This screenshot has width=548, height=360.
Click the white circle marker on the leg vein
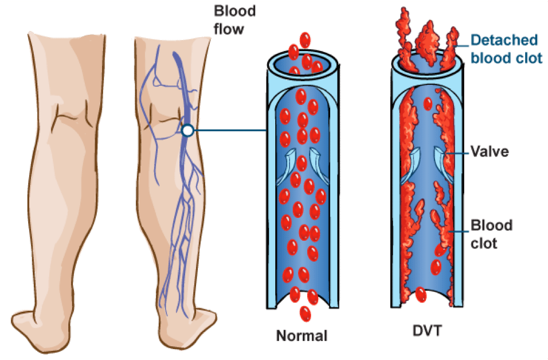pyautogui.click(x=187, y=131)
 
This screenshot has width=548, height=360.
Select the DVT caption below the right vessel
pyautogui.click(x=425, y=331)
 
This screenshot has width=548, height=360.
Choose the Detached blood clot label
pyautogui.click(x=506, y=49)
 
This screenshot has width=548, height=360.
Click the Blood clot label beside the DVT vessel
pyautogui.click(x=491, y=233)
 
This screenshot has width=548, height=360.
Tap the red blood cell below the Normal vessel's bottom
pyautogui.click(x=305, y=314)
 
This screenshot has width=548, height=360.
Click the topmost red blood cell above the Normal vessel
pyautogui.click(x=306, y=40)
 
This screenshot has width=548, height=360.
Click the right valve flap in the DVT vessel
pyautogui.click(x=442, y=162)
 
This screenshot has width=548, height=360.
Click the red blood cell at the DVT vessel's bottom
pyautogui.click(x=421, y=295)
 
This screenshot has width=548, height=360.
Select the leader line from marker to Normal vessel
pyautogui.click(x=229, y=131)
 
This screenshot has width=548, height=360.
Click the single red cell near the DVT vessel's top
pyautogui.click(x=428, y=104)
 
